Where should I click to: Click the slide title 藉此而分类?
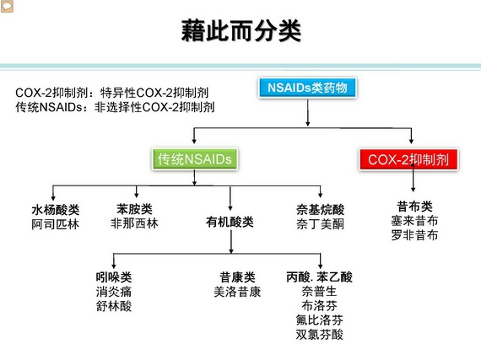pos(240,30)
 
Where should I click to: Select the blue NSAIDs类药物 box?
pos(307,88)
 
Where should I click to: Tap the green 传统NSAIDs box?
pos(194,159)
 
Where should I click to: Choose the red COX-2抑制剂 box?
pos(408,159)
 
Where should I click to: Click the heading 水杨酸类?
pos(56,210)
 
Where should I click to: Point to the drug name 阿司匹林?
pos(55,224)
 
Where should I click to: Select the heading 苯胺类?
pos(134,209)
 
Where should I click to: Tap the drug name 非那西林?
pos(134,223)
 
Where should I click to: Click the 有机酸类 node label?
pos(230,222)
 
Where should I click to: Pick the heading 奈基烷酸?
pos(321,210)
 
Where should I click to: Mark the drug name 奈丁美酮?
pos(321,224)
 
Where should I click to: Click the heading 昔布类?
pos(414,207)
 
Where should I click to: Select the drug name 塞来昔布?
pos(414,221)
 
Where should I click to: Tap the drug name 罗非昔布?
pos(414,235)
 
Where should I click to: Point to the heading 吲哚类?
pos(114,277)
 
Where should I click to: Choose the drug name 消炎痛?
pos(114,292)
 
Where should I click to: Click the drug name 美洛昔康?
pos(237,292)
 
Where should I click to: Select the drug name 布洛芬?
pos(319,305)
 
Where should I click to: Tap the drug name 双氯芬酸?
pos(319,334)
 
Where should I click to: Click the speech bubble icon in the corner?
pos(7,7)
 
